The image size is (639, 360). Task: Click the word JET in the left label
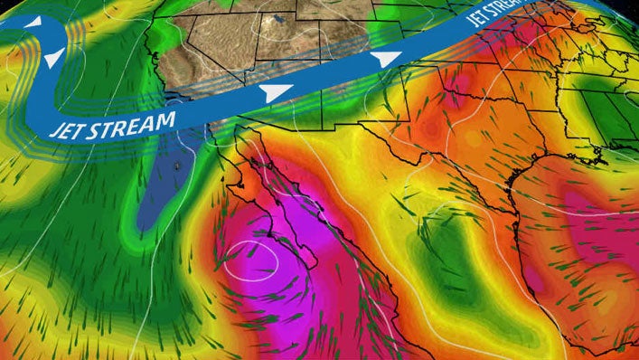[70, 128]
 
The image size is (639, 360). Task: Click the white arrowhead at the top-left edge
[33, 21]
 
